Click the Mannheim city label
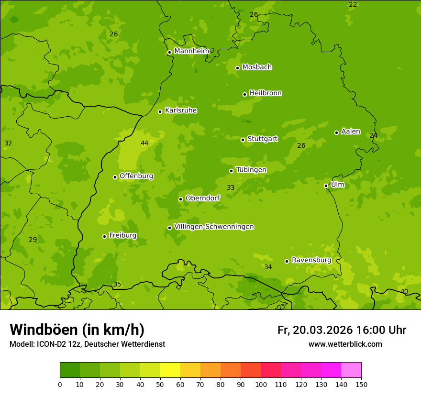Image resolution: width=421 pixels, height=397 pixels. [x=191, y=51]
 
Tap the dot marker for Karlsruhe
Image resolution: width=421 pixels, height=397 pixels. [x=160, y=111]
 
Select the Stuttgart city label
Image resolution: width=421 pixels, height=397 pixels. [x=262, y=139]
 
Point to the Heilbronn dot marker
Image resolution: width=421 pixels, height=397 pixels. [x=244, y=94]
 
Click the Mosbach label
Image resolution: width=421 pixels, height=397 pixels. [x=257, y=67]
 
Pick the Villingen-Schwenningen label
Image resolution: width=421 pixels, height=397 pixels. [x=214, y=227]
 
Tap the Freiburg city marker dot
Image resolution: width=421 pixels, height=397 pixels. [x=104, y=236]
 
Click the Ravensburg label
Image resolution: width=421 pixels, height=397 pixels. [x=311, y=260]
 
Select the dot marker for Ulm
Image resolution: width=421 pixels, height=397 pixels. [x=326, y=186]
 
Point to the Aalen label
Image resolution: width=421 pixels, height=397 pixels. [x=350, y=132]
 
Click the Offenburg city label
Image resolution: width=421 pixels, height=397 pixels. [x=136, y=176]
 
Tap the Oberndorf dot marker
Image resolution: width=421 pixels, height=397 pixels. [x=180, y=199]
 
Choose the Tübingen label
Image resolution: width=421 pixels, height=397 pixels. [x=251, y=170]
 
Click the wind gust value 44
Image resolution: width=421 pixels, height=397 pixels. [x=144, y=143]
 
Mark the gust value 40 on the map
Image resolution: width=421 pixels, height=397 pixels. [x=404, y=291]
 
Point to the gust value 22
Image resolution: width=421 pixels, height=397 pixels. [x=353, y=4]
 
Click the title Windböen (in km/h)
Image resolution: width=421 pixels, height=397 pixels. [x=77, y=330]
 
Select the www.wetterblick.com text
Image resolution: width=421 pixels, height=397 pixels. [x=345, y=344]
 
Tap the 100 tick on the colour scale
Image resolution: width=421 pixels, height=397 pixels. [x=261, y=384]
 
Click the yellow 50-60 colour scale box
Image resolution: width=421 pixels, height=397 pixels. [x=170, y=370]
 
